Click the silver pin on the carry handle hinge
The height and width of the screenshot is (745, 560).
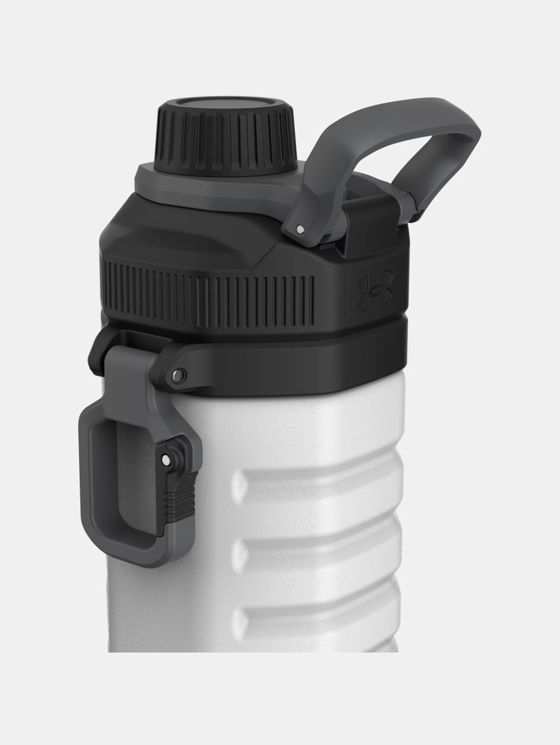pyautogui.click(x=300, y=229)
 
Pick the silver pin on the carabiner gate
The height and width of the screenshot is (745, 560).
pyautogui.click(x=165, y=459)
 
